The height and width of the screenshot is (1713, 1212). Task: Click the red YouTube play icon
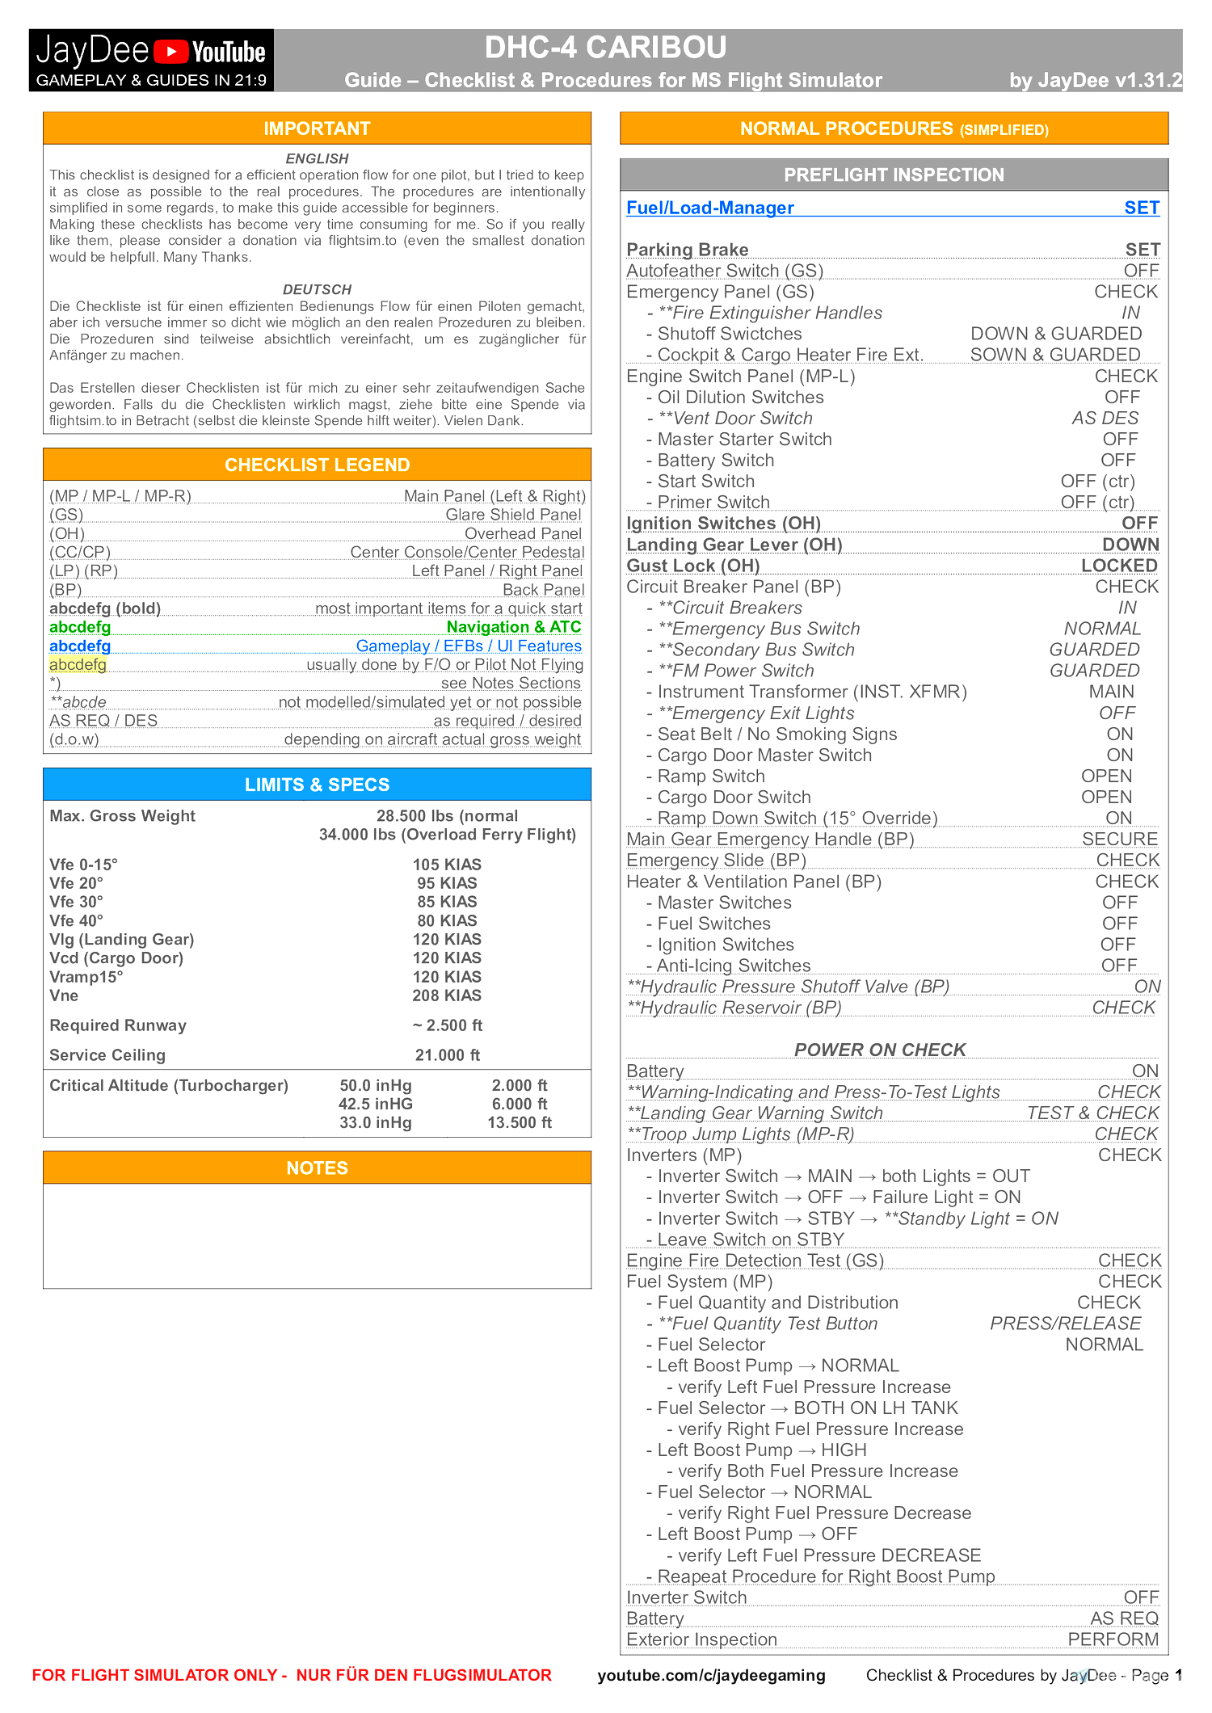pos(170,52)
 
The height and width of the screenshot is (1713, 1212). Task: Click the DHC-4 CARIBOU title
pos(605,48)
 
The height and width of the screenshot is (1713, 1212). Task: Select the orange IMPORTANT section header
pos(317,128)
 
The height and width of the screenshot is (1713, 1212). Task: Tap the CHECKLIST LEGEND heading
pos(317,465)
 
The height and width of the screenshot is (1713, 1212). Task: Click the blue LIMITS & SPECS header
pos(317,785)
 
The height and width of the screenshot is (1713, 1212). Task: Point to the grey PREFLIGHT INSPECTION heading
pos(894,175)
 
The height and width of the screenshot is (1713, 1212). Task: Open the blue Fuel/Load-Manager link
pos(710,208)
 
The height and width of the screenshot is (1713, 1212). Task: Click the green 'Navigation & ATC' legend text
pos(513,627)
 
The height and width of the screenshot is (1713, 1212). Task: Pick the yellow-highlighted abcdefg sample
pos(78,664)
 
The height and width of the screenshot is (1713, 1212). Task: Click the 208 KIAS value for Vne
pos(447,995)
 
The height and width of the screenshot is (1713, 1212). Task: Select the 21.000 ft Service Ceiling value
pos(447,1055)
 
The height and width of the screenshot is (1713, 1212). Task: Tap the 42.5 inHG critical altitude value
pos(376,1104)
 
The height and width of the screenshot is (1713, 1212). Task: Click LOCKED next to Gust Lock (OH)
pos(1119,566)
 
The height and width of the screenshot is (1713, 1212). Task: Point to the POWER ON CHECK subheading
pos(880,1050)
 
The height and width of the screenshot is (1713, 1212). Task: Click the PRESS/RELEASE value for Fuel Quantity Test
pos(1065,1324)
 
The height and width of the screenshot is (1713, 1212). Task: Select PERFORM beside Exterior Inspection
pos(1113,1639)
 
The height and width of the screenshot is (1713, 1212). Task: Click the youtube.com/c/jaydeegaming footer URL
pos(711,1675)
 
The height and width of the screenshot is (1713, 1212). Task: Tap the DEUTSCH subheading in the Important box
pos(317,289)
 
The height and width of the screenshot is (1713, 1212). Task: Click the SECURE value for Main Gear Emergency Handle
pos(1120,840)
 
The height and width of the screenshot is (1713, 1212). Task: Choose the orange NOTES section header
pos(317,1168)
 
